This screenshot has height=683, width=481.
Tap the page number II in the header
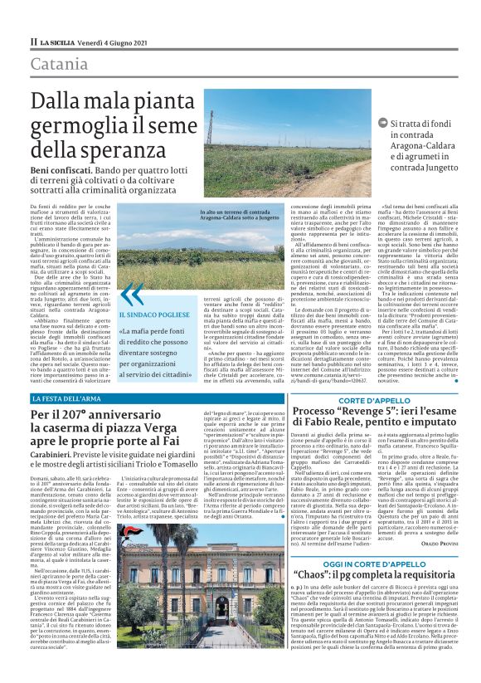tap(34, 41)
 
